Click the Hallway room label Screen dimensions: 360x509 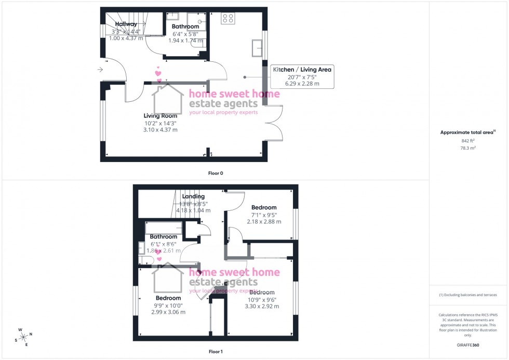(126, 24)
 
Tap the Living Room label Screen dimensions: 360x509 (160, 116)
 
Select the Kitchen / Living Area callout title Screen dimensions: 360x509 (303, 69)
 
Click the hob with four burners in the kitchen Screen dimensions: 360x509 (227, 19)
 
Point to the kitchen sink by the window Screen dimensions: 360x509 (256, 47)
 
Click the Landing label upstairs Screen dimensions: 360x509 (193, 196)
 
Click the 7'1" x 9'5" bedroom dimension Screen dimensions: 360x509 (264, 214)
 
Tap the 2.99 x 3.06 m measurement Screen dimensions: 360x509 (168, 312)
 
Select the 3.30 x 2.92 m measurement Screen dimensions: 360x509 (262, 306)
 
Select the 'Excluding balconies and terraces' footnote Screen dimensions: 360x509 (468, 295)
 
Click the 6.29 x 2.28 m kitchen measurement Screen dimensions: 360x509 (302, 84)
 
